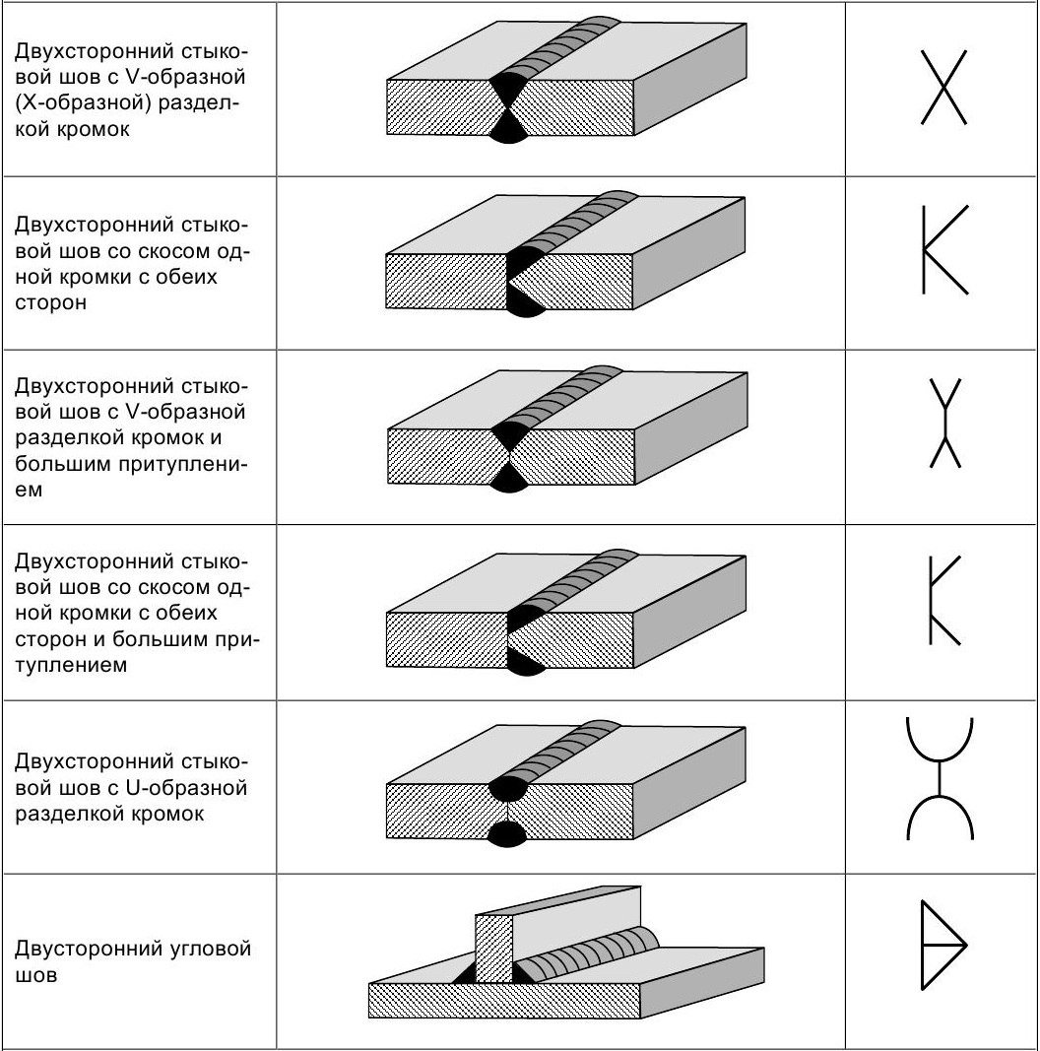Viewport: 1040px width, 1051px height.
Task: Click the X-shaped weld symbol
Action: pyautogui.click(x=943, y=89)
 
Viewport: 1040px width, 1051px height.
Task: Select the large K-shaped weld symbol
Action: pyautogui.click(x=943, y=250)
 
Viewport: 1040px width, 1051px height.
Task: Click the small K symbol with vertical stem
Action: pyautogui.click(x=942, y=601)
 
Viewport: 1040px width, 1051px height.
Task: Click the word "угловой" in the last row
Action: pyautogui.click(x=213, y=949)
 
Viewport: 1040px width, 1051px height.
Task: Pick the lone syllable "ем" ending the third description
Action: pyautogui.click(x=29, y=490)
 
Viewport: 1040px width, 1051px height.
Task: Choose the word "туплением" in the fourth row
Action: pyautogui.click(x=72, y=665)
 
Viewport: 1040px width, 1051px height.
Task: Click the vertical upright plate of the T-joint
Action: pyautogui.click(x=494, y=948)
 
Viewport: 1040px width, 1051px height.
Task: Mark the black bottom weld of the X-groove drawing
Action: pyautogui.click(x=511, y=131)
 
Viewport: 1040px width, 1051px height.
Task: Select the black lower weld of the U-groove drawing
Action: pyautogui.click(x=511, y=833)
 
